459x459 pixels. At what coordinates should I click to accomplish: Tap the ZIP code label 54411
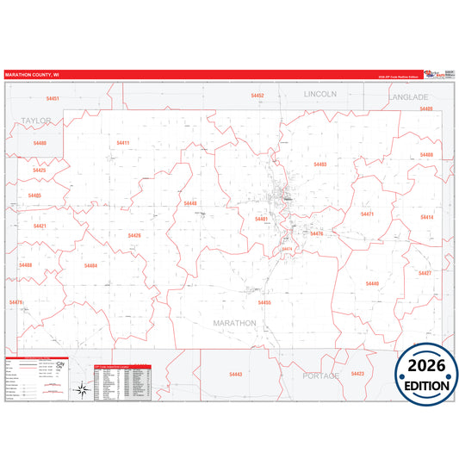pos(122,142)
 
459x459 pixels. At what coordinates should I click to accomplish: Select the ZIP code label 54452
pos(257,96)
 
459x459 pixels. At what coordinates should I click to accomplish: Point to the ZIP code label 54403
pos(319,164)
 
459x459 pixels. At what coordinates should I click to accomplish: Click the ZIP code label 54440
pos(189,203)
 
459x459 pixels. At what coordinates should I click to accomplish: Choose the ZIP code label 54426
pos(133,235)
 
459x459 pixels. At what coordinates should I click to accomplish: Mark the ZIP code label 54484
pos(90,265)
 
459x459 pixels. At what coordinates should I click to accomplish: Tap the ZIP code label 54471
pos(367,214)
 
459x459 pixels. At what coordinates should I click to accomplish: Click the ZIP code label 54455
pos(264,302)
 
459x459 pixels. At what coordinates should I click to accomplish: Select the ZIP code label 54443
pos(236,374)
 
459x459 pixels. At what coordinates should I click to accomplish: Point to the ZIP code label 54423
pos(357,373)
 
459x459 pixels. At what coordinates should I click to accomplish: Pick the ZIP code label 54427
pos(424,272)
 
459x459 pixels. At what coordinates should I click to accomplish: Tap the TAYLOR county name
pos(38,121)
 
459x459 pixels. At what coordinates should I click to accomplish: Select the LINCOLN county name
pos(319,92)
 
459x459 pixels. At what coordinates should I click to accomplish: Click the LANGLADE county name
pos(407,97)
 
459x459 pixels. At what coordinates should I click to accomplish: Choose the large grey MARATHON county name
pos(234,323)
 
